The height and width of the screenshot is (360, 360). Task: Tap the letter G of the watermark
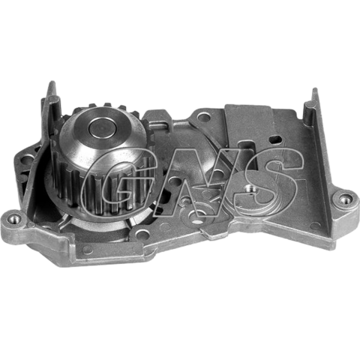pyautogui.click(x=119, y=181)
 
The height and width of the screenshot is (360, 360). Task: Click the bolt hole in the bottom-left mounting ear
pyautogui.click(x=13, y=219)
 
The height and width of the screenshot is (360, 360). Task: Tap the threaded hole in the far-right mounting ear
pyautogui.click(x=345, y=199)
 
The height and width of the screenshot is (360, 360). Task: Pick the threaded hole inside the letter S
pyautogui.click(x=250, y=188)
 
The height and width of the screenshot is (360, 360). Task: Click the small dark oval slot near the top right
pyautogui.click(x=277, y=139)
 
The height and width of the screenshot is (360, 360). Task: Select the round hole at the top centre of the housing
pyautogui.click(x=204, y=116)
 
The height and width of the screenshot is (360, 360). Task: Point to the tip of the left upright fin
pyautogui.click(x=52, y=82)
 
